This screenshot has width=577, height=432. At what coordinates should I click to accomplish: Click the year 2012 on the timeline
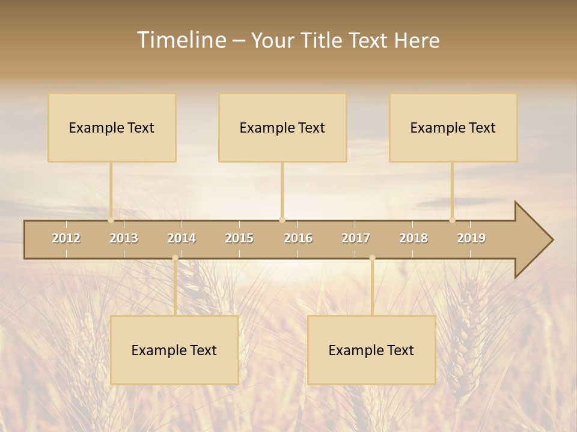[66, 238]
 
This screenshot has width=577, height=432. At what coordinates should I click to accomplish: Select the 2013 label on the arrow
[124, 238]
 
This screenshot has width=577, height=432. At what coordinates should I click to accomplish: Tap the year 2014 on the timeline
[182, 238]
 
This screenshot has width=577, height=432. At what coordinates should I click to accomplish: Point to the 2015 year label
[239, 238]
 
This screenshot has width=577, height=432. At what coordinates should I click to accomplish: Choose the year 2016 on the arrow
[298, 238]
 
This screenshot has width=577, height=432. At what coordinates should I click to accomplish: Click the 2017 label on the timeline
[356, 238]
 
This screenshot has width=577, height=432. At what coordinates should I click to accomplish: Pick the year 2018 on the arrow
[414, 238]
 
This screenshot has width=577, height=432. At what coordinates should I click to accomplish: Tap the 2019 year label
[471, 238]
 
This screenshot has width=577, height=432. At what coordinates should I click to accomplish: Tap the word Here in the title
[417, 40]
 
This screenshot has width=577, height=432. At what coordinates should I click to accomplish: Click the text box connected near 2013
[112, 128]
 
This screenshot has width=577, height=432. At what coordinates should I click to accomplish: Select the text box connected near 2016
[282, 128]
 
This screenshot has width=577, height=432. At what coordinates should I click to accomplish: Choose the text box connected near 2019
[453, 128]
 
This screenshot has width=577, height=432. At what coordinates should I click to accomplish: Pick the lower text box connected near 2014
[174, 350]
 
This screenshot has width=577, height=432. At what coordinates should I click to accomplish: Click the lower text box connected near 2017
[371, 350]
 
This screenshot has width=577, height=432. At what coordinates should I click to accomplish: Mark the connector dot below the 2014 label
[175, 258]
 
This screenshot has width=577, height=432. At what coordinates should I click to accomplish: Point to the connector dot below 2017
[372, 258]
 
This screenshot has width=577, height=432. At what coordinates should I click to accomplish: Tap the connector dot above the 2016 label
[282, 220]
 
